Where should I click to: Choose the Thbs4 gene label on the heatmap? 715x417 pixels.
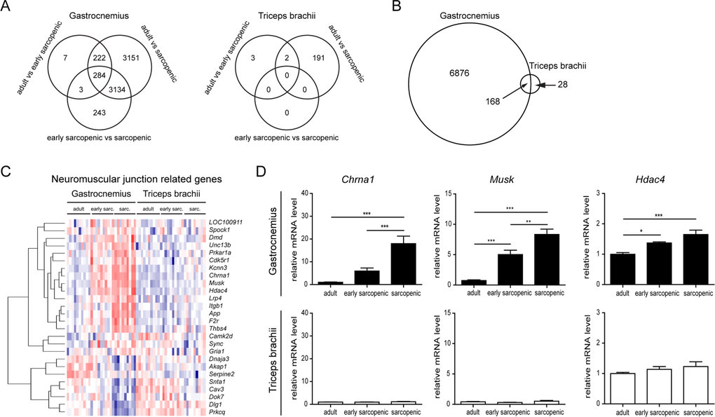pyautogui.click(x=218, y=327)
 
